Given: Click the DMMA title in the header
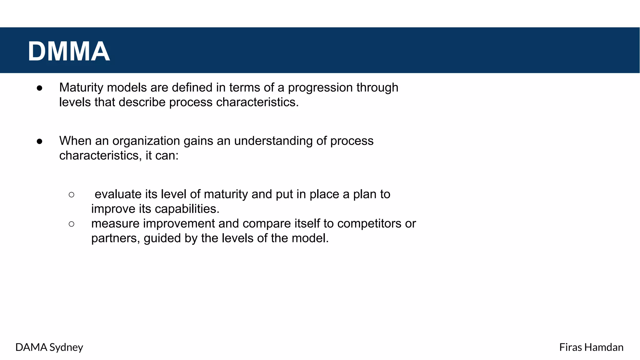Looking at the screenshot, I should click(x=69, y=51).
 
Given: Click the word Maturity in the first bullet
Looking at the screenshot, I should click(x=81, y=88).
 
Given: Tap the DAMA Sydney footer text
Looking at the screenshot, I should click(x=49, y=347).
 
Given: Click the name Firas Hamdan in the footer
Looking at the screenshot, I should click(x=591, y=347).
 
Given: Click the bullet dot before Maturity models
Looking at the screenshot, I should click(x=39, y=88).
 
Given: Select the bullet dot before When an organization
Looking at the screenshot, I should click(x=39, y=142).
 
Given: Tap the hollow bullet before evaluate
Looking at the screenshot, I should click(x=72, y=195).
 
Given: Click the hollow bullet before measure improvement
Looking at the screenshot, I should click(x=72, y=224).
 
